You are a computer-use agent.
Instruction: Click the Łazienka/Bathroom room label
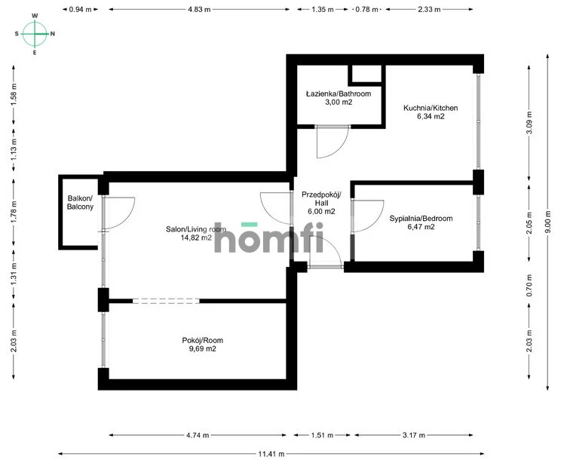339,94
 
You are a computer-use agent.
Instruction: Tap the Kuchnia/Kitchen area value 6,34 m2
431,116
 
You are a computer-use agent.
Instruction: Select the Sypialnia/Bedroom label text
421,219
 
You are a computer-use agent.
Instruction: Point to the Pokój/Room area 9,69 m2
203,349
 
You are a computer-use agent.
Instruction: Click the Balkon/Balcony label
80,202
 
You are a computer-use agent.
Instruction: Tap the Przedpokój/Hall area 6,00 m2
321,211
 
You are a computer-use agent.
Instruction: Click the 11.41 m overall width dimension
271,454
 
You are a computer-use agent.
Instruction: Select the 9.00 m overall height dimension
548,222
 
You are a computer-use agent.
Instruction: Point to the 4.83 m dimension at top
199,9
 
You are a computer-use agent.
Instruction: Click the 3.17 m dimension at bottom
414,435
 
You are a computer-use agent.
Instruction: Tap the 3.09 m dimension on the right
529,123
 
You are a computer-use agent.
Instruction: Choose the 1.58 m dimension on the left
14,95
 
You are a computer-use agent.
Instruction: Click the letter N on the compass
53,34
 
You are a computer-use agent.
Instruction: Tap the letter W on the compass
35,16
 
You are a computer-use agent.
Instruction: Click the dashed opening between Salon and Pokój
166,301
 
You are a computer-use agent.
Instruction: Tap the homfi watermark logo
268,237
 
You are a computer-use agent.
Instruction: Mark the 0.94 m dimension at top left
80,9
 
